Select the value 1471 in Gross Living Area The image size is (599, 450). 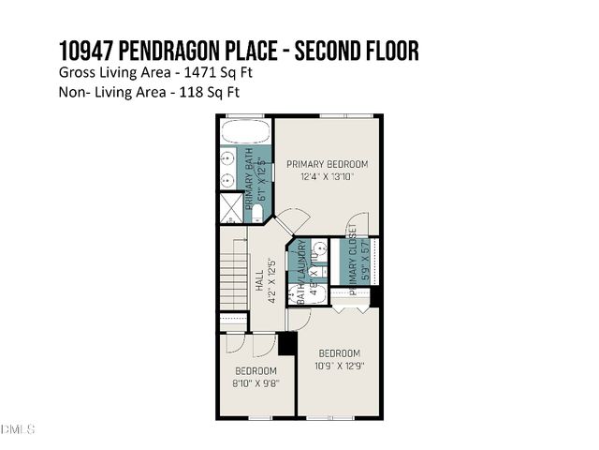pyautogui.click(x=208, y=72)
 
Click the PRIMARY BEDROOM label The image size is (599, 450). pyautogui.click(x=327, y=164)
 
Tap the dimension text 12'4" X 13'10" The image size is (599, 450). pyautogui.click(x=327, y=177)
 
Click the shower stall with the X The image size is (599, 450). pyautogui.click(x=231, y=206)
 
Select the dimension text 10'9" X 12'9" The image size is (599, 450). pyautogui.click(x=339, y=365)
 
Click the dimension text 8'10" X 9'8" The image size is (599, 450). pyautogui.click(x=256, y=382)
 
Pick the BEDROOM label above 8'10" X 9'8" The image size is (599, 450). pyautogui.click(x=256, y=370)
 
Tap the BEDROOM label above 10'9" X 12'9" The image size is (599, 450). pyautogui.click(x=339, y=352)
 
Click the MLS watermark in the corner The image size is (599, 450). pyautogui.click(x=18, y=429)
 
